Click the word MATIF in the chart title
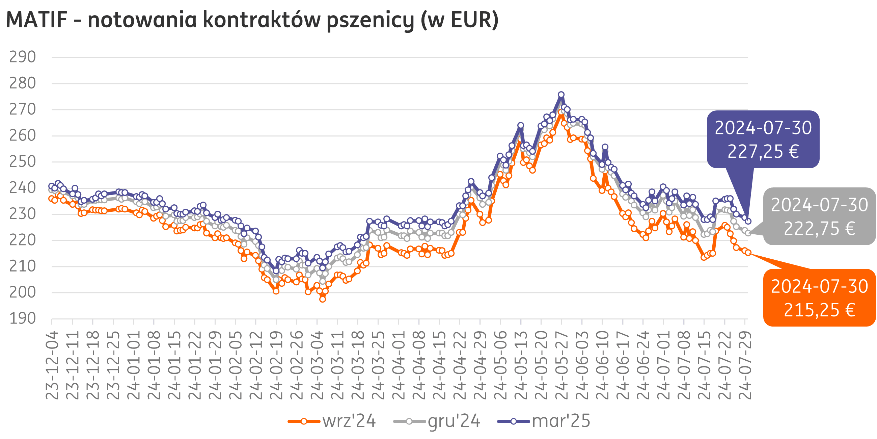(37, 20)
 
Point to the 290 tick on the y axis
(23, 57)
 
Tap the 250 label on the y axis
(23, 162)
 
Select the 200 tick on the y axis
(23, 292)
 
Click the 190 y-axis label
(23, 319)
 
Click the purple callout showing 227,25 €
(763, 139)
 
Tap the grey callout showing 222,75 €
(819, 216)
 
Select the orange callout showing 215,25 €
(819, 298)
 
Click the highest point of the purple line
(561, 95)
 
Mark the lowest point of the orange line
(322, 300)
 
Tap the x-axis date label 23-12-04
(52, 365)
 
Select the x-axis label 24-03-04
(317, 365)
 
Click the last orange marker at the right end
(748, 253)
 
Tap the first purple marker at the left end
(52, 186)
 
